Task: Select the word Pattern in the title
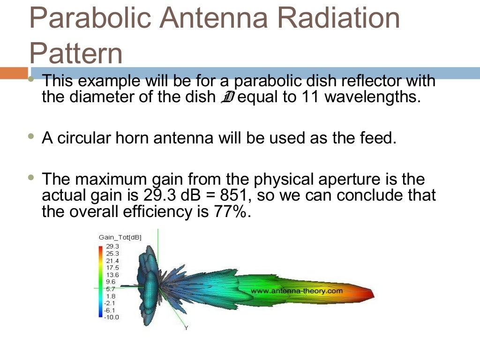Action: tap(76, 54)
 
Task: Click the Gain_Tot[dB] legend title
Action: tap(120, 238)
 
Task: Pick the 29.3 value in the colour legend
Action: tap(112, 246)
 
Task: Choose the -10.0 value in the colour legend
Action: tap(111, 317)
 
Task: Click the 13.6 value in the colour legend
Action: tap(112, 275)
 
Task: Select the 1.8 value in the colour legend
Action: tap(111, 296)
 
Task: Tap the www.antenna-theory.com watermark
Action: tap(297, 291)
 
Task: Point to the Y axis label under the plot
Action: tap(186, 328)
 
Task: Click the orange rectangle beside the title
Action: tap(14, 73)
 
